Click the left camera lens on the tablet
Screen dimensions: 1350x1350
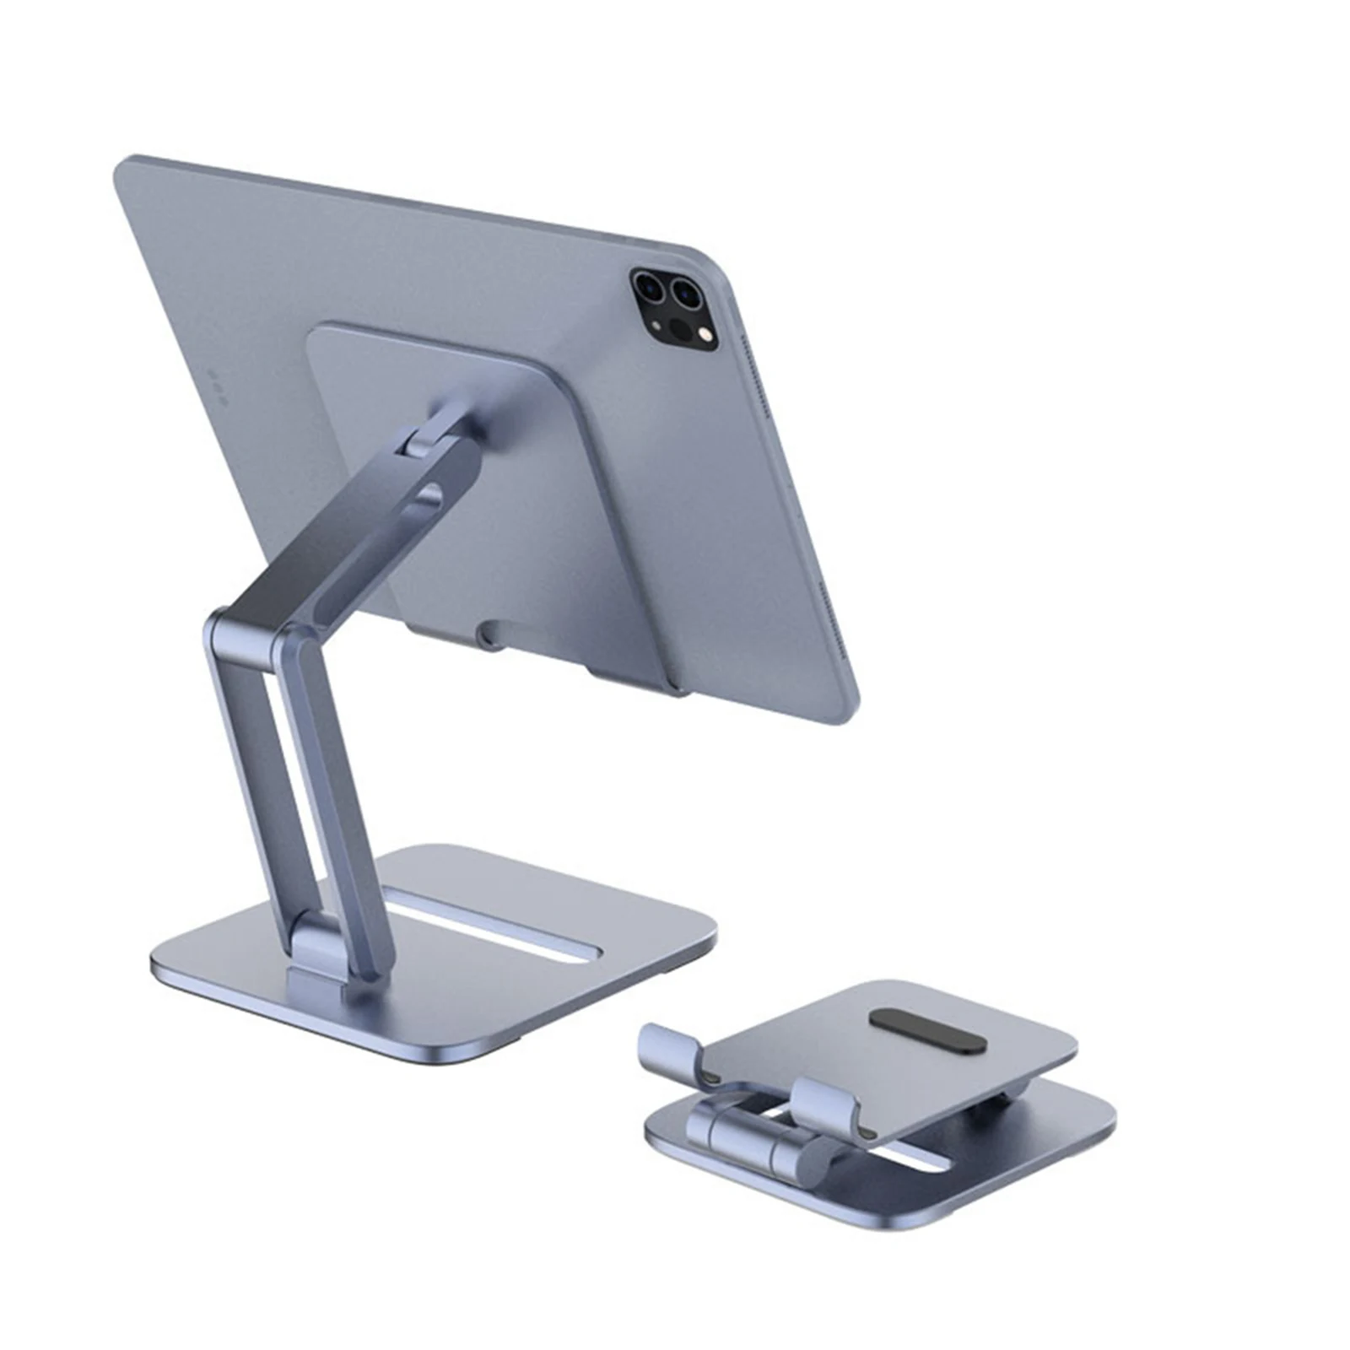[651, 287]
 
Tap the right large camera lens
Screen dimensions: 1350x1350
[687, 296]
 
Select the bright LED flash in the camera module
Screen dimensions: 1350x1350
[707, 337]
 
